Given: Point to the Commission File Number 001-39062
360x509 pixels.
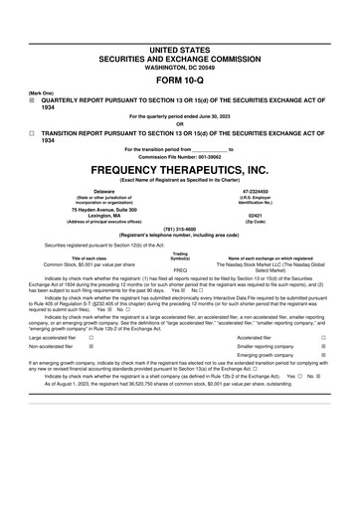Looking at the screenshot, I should click(x=180, y=157).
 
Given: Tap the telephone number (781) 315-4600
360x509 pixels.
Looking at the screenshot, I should click(x=180, y=229).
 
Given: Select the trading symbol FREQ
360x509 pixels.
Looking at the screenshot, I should click(x=180, y=269).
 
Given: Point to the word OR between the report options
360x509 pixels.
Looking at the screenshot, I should click(x=180, y=124).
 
